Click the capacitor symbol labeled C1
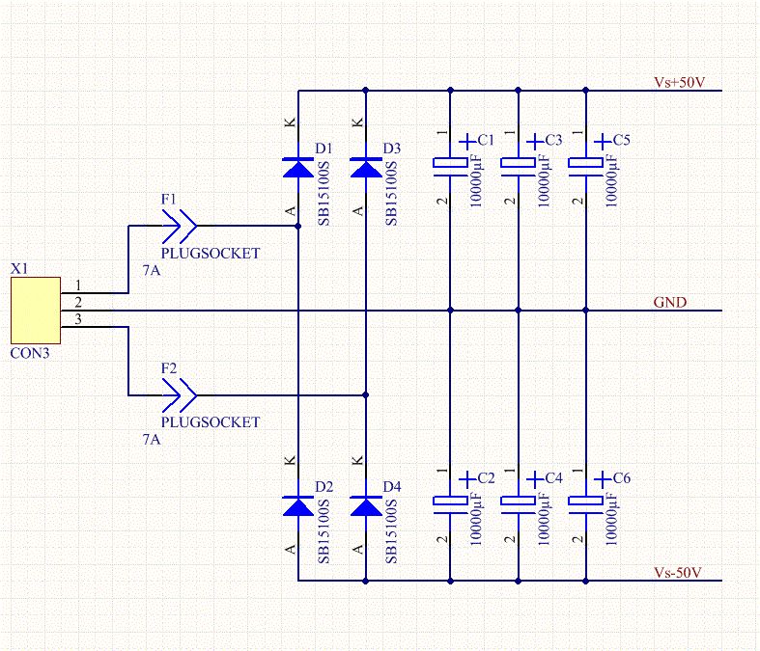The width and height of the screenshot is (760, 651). click(x=451, y=166)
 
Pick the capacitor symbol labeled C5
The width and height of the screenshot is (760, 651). click(x=586, y=166)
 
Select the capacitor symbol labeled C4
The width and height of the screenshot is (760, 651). click(x=519, y=502)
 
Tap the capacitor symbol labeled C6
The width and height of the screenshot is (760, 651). click(x=586, y=502)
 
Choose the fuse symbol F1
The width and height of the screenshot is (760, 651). click(x=180, y=227)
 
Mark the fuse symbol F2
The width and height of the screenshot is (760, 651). click(x=180, y=394)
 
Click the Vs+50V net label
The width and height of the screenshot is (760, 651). click(x=679, y=83)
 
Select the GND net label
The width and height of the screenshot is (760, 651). click(x=670, y=302)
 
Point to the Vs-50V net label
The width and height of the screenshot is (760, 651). click(x=677, y=573)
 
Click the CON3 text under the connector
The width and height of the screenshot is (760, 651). click(x=29, y=354)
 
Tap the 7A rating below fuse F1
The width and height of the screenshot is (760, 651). click(x=151, y=272)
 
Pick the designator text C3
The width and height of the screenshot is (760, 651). click(x=553, y=141)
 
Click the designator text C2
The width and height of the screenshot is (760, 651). click(x=486, y=479)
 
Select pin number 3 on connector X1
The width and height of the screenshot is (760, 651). click(x=78, y=319)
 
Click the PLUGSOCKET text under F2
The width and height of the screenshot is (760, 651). click(x=211, y=421)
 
